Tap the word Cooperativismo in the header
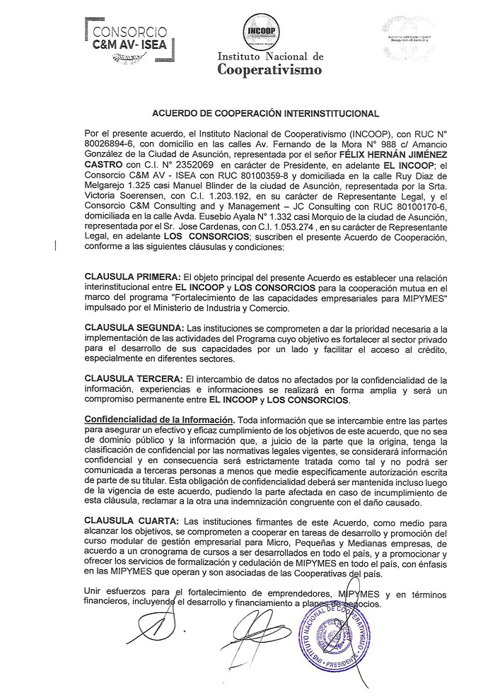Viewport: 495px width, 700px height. (x=269, y=70)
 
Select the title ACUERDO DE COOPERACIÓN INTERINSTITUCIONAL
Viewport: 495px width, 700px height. (x=266, y=112)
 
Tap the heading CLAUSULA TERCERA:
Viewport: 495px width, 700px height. (x=132, y=380)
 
